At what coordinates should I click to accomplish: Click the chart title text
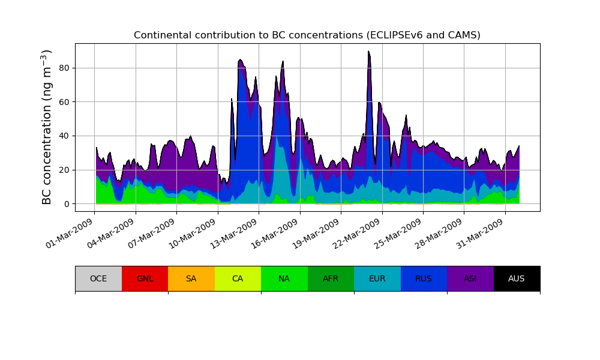[307, 35]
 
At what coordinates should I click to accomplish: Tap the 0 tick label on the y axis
[67, 204]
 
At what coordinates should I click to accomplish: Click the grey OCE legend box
[98, 278]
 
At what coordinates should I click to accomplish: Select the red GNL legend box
[145, 278]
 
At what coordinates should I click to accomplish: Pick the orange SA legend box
[191, 278]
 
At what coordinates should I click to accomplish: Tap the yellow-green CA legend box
[238, 278]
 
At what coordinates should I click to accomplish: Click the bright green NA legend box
[284, 278]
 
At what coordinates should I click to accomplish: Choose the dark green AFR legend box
[331, 278]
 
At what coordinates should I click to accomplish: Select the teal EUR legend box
[377, 278]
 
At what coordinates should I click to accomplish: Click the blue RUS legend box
[424, 278]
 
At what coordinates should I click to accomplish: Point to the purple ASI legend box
[470, 278]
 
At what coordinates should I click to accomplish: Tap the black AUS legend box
[517, 278]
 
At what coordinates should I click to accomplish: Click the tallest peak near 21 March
[369, 52]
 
